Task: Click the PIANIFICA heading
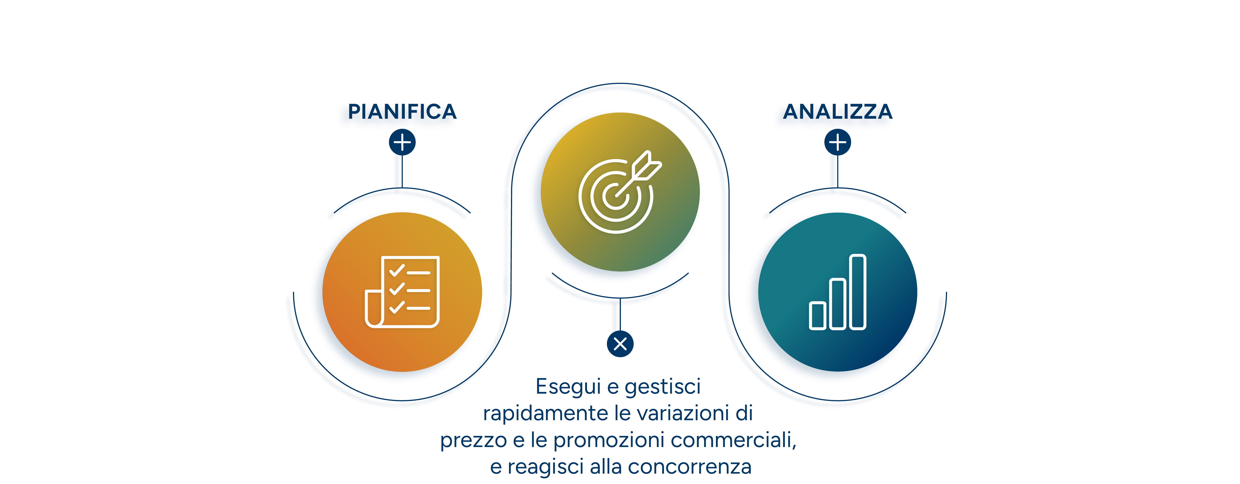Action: pyautogui.click(x=402, y=112)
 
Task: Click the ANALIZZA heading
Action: pyautogui.click(x=837, y=112)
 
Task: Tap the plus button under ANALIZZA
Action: pyautogui.click(x=837, y=143)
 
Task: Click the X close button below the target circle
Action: pyautogui.click(x=620, y=344)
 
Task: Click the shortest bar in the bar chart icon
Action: pyautogui.click(x=818, y=316)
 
